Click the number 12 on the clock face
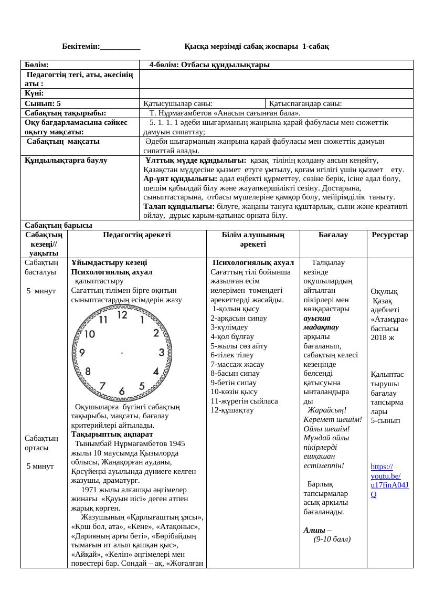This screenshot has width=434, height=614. (x=122, y=315)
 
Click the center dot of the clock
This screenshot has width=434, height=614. (x=122, y=353)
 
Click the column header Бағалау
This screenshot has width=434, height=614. (x=333, y=235)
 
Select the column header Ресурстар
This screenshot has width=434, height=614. (x=389, y=235)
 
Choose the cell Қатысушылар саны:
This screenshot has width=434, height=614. (x=178, y=103)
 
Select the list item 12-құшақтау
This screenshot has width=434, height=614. (x=232, y=410)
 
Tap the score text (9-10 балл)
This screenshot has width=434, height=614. (x=332, y=539)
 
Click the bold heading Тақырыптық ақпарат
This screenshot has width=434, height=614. (x=112, y=434)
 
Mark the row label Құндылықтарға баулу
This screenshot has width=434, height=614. (x=66, y=160)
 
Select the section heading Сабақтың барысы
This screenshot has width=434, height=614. (x=58, y=225)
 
